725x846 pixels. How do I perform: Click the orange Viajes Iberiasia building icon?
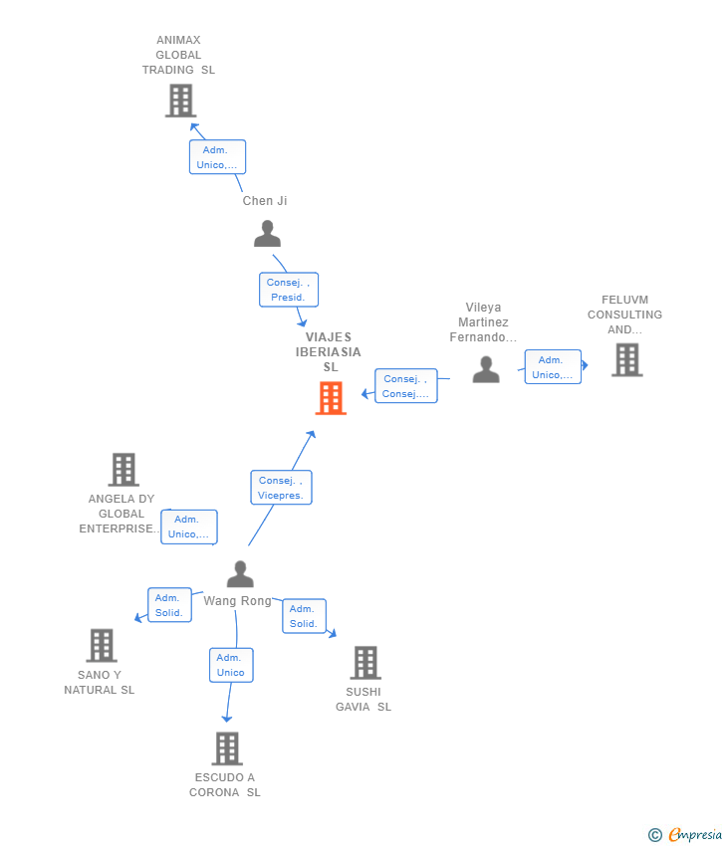[331, 398]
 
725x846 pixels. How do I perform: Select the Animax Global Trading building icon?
[180, 101]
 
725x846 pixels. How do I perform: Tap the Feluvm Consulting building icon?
[626, 359]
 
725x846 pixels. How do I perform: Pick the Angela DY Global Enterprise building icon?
[123, 469]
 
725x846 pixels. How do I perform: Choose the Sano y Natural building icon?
[101, 645]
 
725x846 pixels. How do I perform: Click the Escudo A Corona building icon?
[227, 748]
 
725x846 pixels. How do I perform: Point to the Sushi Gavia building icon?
[365, 662]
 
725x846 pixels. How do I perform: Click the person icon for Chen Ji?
[267, 234]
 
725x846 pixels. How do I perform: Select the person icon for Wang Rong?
[240, 574]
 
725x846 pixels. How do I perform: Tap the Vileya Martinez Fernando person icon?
[486, 369]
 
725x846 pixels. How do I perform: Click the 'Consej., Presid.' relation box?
[289, 290]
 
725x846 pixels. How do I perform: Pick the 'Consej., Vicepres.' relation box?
[281, 488]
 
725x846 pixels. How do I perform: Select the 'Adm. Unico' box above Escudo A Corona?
[231, 665]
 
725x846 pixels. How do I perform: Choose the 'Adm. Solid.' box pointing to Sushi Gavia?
[304, 616]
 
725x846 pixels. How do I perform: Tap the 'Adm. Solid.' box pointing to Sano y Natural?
[169, 605]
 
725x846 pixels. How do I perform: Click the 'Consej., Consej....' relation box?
[405, 386]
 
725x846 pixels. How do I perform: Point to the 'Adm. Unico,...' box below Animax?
[217, 157]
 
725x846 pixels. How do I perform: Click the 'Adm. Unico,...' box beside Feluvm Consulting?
[553, 367]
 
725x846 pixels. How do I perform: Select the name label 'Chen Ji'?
[265, 201]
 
